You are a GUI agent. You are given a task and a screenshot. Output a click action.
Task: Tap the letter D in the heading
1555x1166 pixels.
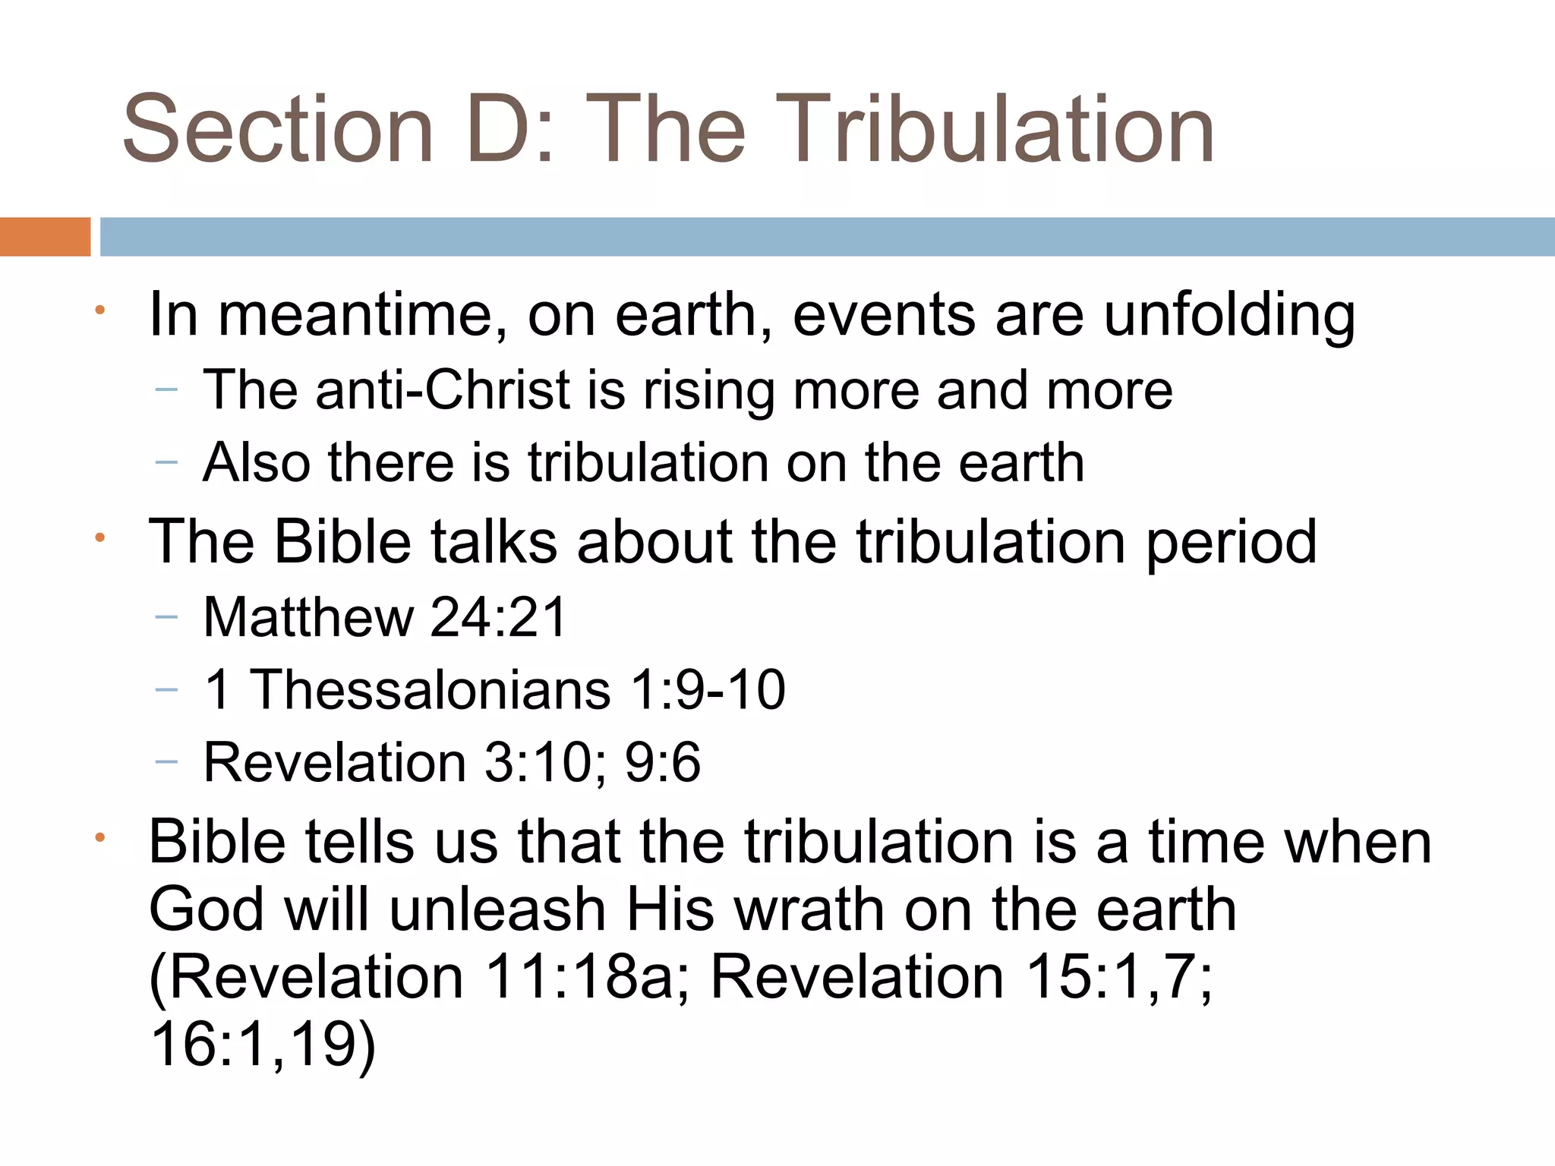[x=503, y=129]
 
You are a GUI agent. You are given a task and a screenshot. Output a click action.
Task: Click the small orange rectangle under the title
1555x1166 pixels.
[x=45, y=237]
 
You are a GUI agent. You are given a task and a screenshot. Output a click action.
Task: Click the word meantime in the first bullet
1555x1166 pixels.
[x=362, y=315]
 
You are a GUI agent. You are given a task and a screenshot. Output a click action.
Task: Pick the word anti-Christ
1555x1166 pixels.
[x=443, y=390]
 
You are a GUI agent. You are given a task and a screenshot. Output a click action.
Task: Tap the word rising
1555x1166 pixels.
[x=708, y=390]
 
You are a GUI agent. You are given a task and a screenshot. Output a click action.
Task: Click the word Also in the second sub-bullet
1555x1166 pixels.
[x=257, y=463]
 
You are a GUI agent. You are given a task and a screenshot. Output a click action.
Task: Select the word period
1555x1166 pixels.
[x=1231, y=543]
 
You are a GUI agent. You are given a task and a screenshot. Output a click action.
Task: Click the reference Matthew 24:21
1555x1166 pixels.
[x=385, y=616]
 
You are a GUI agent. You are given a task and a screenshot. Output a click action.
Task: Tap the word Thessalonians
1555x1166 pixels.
[x=431, y=689]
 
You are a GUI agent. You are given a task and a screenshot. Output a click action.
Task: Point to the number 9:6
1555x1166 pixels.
[x=663, y=762]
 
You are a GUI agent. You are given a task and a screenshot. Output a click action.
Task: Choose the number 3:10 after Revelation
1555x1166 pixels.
[x=538, y=762]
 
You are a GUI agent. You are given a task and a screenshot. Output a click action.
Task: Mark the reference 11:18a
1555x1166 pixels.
[x=579, y=977]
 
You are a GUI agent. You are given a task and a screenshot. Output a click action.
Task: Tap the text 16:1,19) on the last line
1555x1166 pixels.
[x=263, y=1045]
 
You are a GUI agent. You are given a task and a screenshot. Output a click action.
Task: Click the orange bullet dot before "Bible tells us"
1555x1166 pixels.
[x=99, y=839]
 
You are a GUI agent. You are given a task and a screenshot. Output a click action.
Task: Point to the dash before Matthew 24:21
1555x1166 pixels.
[x=166, y=617]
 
